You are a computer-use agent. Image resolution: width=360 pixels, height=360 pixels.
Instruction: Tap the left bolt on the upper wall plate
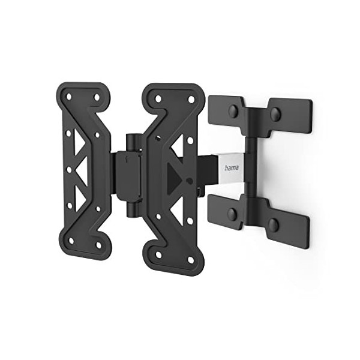point(232,110)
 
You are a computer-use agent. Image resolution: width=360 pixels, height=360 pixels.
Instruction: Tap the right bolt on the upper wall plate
point(275,113)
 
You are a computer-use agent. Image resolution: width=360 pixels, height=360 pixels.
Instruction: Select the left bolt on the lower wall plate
point(232,214)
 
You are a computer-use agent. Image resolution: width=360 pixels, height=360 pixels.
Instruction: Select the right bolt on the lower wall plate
point(273,225)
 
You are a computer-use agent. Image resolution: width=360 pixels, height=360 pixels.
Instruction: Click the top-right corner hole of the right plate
point(191,99)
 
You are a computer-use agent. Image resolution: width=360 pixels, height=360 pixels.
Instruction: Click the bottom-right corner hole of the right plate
point(191,260)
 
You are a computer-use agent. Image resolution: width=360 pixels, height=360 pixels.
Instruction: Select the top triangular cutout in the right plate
point(178,144)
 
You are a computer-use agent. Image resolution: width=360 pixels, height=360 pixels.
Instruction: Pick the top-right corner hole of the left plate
point(97,97)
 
